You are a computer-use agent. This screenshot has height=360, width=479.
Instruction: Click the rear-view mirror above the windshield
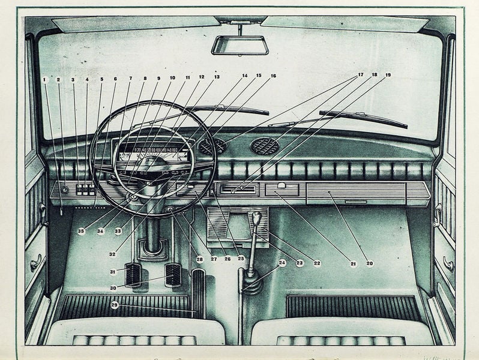pyautogui.click(x=240, y=45)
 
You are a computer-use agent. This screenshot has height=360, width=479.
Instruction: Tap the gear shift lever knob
pyautogui.click(x=257, y=218)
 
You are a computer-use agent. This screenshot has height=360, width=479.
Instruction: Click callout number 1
pyautogui.click(x=44, y=79)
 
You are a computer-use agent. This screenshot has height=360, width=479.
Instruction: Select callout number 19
pyautogui.click(x=388, y=75)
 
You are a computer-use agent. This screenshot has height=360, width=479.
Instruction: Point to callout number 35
pyautogui.click(x=81, y=231)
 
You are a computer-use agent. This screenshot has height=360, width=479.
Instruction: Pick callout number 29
pyautogui.click(x=114, y=305)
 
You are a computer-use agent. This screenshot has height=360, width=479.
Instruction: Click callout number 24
pyautogui.click(x=282, y=263)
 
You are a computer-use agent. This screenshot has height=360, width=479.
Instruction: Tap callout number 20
pyautogui.click(x=369, y=263)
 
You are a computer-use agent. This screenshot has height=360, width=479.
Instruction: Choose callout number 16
pyautogui.click(x=273, y=76)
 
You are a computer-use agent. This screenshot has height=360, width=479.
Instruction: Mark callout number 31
pyautogui.click(x=112, y=272)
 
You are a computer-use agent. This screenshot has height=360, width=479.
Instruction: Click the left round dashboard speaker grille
pyautogui.click(x=212, y=146)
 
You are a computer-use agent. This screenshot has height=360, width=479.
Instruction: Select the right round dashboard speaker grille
pyautogui.click(x=264, y=146)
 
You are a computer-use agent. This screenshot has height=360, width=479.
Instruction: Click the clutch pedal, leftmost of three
pyautogui.click(x=133, y=274)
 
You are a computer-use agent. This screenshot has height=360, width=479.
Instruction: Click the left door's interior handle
pyautogui.click(x=36, y=262)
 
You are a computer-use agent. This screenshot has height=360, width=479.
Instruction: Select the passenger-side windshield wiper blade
pyautogui.click(x=363, y=119)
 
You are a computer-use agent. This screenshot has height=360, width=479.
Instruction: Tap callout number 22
pyautogui.click(x=317, y=263)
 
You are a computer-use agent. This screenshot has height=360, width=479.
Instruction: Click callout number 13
pyautogui.click(x=216, y=77)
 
